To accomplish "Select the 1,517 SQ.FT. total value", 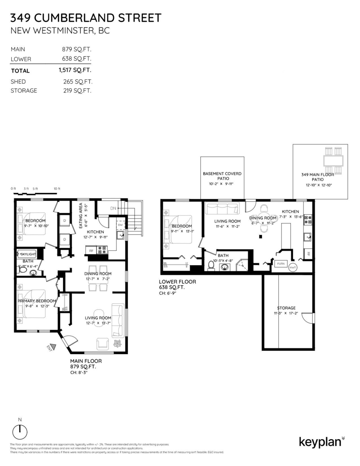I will click(75, 71).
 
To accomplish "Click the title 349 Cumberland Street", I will click(85, 18).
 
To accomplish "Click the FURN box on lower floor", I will click(280, 264).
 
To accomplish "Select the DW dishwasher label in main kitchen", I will click(120, 225).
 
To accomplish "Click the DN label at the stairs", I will click(113, 209).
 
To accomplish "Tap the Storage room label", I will click(286, 308).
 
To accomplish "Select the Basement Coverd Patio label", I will click(222, 176).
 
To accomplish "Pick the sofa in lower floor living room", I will click(222, 209).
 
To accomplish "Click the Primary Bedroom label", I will click(37, 301).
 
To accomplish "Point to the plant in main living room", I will click(117, 343).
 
